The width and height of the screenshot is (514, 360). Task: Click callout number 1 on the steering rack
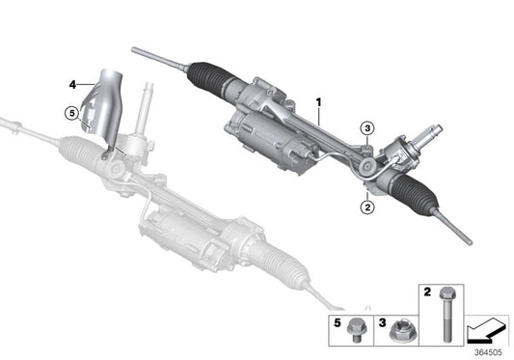317,101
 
